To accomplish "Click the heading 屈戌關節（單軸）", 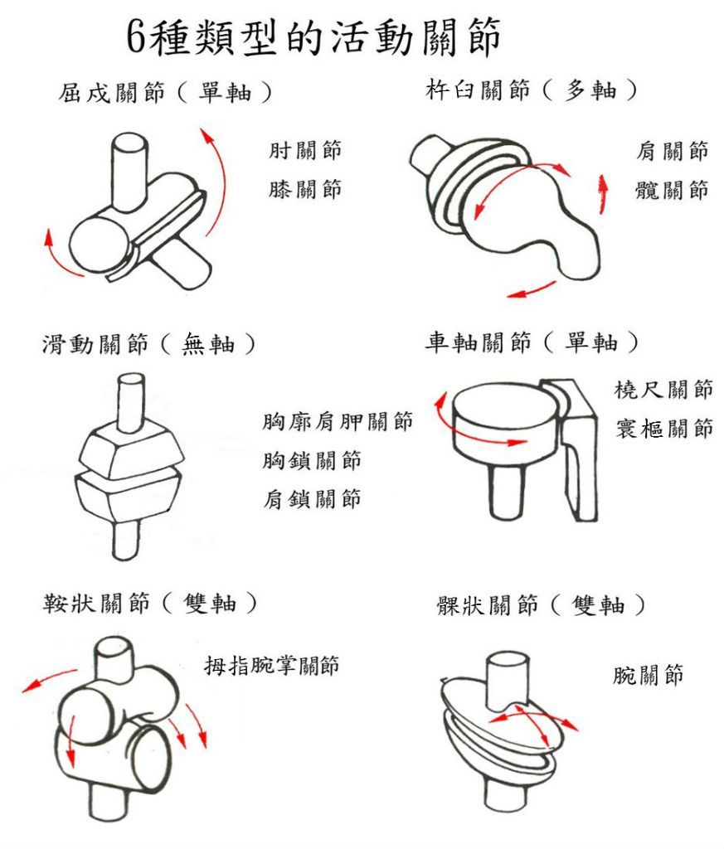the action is point(165,93).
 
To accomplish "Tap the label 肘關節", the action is point(305,150).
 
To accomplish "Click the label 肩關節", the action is point(672,151).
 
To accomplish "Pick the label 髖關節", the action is point(672,190).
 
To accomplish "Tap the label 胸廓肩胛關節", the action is point(338,421).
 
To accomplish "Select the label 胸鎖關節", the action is point(312,460).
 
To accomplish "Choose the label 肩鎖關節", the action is point(312,498).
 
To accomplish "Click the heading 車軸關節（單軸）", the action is point(532,342).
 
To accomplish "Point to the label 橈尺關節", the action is point(663,390).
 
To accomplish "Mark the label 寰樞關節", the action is point(663,429).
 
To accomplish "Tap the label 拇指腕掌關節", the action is point(271,665).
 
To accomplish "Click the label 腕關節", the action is point(648,675).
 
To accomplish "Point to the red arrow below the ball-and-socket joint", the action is point(532,290).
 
